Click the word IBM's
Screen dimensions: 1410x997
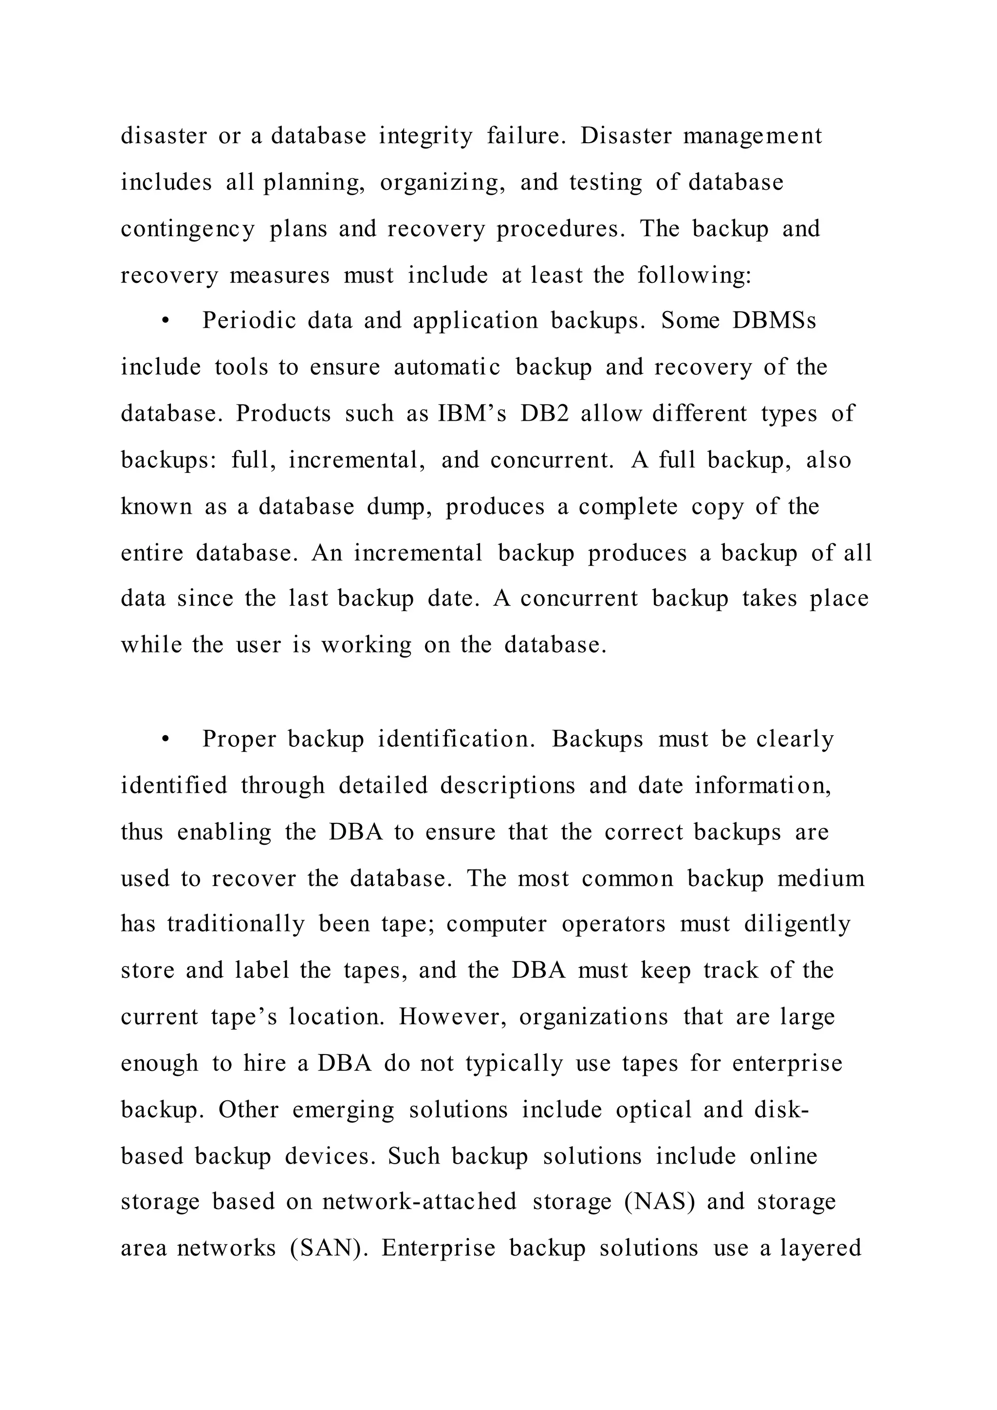tap(472, 413)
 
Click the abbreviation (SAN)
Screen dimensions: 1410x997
tap(325, 1248)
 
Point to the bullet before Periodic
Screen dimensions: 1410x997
tap(165, 321)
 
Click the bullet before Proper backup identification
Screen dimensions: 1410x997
tap(165, 740)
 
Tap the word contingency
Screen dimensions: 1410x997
tap(187, 229)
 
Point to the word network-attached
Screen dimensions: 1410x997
tap(419, 1201)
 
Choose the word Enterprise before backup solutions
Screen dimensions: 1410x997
tap(438, 1248)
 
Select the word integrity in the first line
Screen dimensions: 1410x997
tap(425, 136)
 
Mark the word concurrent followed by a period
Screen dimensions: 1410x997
tap(552, 460)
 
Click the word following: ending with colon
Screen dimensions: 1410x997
tap(694, 275)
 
